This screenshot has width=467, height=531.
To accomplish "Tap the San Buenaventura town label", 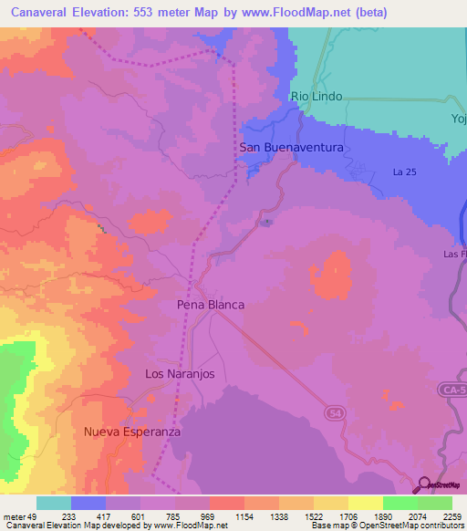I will pyautogui.click(x=291, y=147).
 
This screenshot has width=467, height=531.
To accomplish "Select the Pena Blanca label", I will pyautogui.click(x=211, y=305).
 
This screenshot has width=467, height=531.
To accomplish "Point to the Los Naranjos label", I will pyautogui.click(x=179, y=373).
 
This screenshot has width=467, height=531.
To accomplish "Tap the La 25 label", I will pyautogui.click(x=405, y=172).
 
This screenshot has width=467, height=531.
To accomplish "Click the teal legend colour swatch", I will pyautogui.click(x=53, y=503).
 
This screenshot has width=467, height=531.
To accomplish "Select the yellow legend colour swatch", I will pyautogui.click(x=365, y=503).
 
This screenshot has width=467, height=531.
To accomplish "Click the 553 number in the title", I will pyautogui.click(x=155, y=13).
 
